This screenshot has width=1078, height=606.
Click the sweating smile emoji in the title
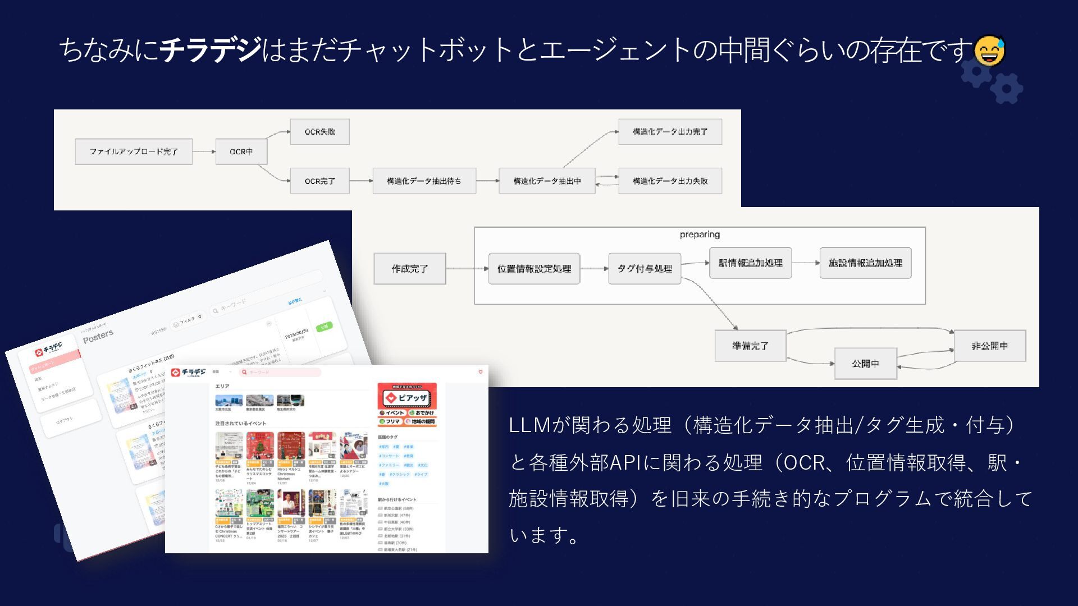[989, 50]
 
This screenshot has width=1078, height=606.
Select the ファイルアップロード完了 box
[134, 151]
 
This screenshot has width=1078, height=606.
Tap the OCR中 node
[241, 151]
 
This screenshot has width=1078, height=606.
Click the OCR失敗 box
[319, 132]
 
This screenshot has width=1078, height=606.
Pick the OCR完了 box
[319, 181]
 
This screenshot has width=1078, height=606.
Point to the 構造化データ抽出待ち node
[424, 181]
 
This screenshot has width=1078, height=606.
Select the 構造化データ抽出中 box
[547, 181]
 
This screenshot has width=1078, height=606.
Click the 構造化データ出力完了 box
[670, 132]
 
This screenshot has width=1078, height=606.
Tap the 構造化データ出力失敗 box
[670, 181]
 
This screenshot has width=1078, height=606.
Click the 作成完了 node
[410, 269]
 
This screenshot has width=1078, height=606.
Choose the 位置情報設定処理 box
[534, 269]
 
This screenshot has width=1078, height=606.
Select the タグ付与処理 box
[645, 269]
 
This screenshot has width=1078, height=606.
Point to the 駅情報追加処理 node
[750, 263]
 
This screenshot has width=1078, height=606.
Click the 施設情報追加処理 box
[865, 263]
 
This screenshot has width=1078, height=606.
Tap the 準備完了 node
[750, 346]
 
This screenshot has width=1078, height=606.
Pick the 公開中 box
[865, 364]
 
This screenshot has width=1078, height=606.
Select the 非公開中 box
[989, 346]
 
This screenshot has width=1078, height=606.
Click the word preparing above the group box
[700, 235]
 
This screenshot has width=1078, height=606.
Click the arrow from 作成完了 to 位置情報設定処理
[467, 269]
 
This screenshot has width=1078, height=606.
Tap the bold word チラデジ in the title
[211, 49]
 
